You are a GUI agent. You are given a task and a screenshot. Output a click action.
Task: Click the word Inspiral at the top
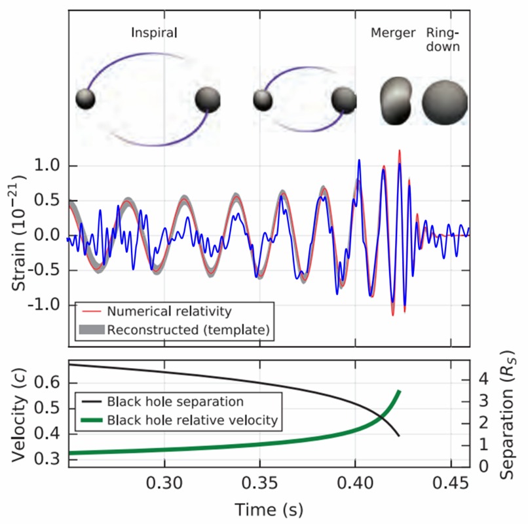tap(155, 32)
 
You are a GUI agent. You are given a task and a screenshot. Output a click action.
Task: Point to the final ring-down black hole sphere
tap(445, 101)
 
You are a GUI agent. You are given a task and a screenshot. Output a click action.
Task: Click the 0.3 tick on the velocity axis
tap(51, 460)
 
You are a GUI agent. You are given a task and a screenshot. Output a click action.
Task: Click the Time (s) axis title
tap(269, 508)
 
